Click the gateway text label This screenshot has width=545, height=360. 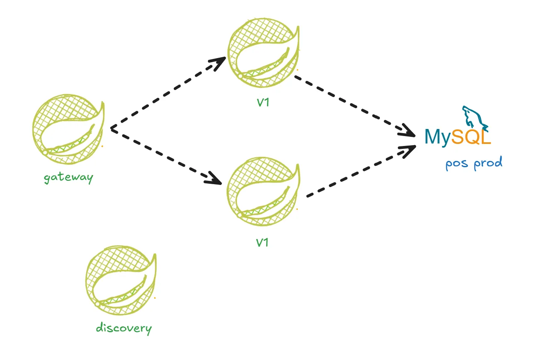(x=69, y=178)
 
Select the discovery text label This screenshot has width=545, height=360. (x=124, y=328)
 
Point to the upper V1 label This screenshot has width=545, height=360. (x=262, y=102)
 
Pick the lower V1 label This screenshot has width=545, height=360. (x=262, y=242)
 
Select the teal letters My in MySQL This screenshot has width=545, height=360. (x=437, y=137)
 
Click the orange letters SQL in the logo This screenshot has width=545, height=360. (x=471, y=137)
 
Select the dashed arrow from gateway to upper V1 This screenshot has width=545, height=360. (x=166, y=94)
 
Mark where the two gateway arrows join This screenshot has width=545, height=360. (x=111, y=129)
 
